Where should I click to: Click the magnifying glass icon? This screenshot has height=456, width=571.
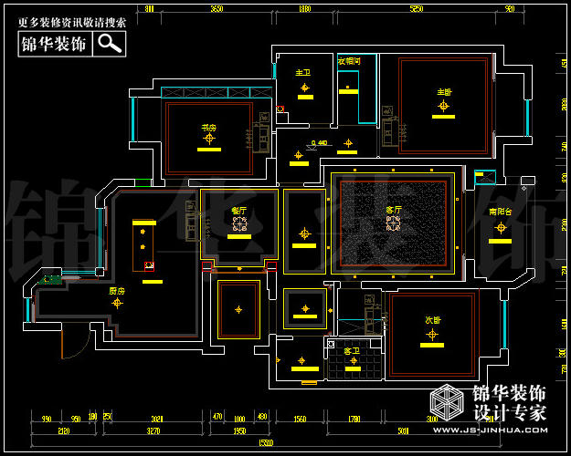click(x=110, y=43)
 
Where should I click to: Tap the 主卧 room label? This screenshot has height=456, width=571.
click(x=444, y=92)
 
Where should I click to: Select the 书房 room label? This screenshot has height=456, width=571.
click(x=208, y=127)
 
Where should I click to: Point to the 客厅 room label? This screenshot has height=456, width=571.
click(x=394, y=210)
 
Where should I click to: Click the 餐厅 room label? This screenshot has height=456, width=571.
click(x=239, y=211)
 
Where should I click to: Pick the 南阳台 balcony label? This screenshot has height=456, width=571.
click(x=500, y=212)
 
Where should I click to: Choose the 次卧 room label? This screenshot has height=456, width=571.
click(x=432, y=320)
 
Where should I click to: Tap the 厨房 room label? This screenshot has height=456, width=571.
click(x=116, y=291)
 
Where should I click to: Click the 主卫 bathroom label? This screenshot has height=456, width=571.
click(x=303, y=72)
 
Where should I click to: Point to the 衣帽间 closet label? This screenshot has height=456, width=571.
click(x=349, y=61)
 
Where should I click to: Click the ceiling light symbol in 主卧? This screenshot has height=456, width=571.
click(x=444, y=106)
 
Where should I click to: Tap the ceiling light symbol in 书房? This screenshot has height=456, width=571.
click(x=209, y=139)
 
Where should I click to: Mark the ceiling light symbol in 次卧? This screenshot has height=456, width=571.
click(x=432, y=334)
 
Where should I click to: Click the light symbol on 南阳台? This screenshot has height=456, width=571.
click(x=500, y=227)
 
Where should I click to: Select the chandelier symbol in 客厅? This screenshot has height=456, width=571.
click(x=394, y=223)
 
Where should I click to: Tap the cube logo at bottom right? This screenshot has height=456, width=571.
click(x=449, y=402)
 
